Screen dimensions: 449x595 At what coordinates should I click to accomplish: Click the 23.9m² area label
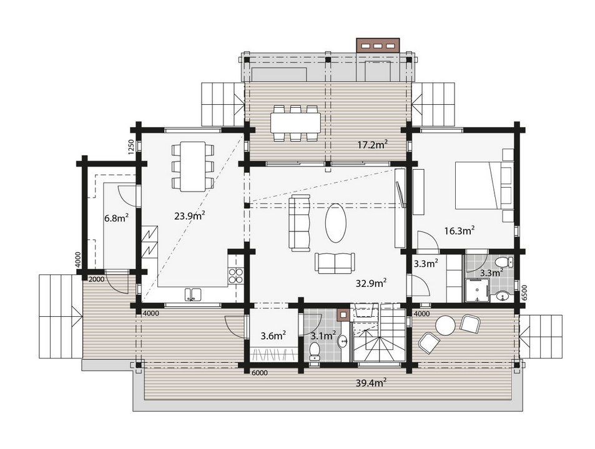[x=190, y=215]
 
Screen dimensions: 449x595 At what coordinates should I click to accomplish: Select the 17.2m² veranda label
[x=372, y=144]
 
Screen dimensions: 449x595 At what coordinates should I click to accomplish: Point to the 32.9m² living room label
[x=370, y=282]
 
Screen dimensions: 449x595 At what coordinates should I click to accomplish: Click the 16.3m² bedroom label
[x=459, y=230]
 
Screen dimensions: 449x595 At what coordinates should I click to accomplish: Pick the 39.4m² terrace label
[x=371, y=382]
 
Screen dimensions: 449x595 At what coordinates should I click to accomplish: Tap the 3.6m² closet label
[x=273, y=336]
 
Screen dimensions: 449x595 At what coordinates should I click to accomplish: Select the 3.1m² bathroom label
[x=323, y=336]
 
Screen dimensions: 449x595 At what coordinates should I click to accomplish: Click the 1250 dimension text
[x=131, y=147]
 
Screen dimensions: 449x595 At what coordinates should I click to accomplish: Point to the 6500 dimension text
[x=526, y=294]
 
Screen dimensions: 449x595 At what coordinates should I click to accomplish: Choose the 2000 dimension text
[x=96, y=278]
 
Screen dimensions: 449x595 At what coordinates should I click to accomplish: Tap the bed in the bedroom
[x=484, y=185]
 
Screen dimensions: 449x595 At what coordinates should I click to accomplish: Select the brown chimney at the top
[x=378, y=46]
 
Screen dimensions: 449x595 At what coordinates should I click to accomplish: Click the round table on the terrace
[x=445, y=325]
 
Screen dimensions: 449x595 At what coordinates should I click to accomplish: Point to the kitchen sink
[x=192, y=294]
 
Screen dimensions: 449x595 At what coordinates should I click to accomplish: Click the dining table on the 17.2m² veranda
[x=295, y=122]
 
